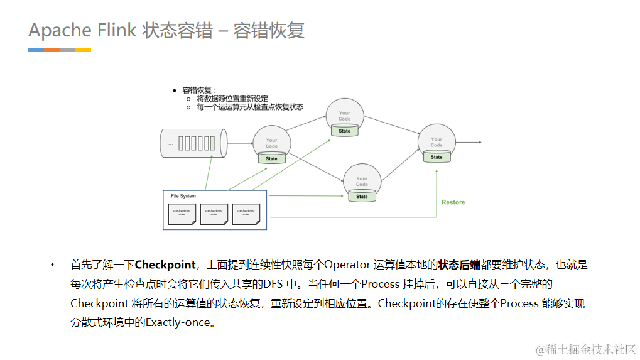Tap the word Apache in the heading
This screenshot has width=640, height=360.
click(x=60, y=30)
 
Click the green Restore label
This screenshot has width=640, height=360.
click(x=453, y=202)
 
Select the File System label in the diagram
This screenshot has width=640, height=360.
click(x=183, y=196)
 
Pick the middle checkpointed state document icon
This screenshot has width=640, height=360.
click(x=214, y=214)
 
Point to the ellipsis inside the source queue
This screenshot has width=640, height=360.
click(x=170, y=144)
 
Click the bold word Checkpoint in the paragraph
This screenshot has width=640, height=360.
click(x=165, y=265)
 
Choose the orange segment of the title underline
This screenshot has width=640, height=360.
click(x=52, y=50)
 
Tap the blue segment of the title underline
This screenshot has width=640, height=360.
click(x=36, y=50)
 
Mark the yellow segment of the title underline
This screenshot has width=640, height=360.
click(x=83, y=50)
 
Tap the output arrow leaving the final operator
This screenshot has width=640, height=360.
click(x=469, y=143)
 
